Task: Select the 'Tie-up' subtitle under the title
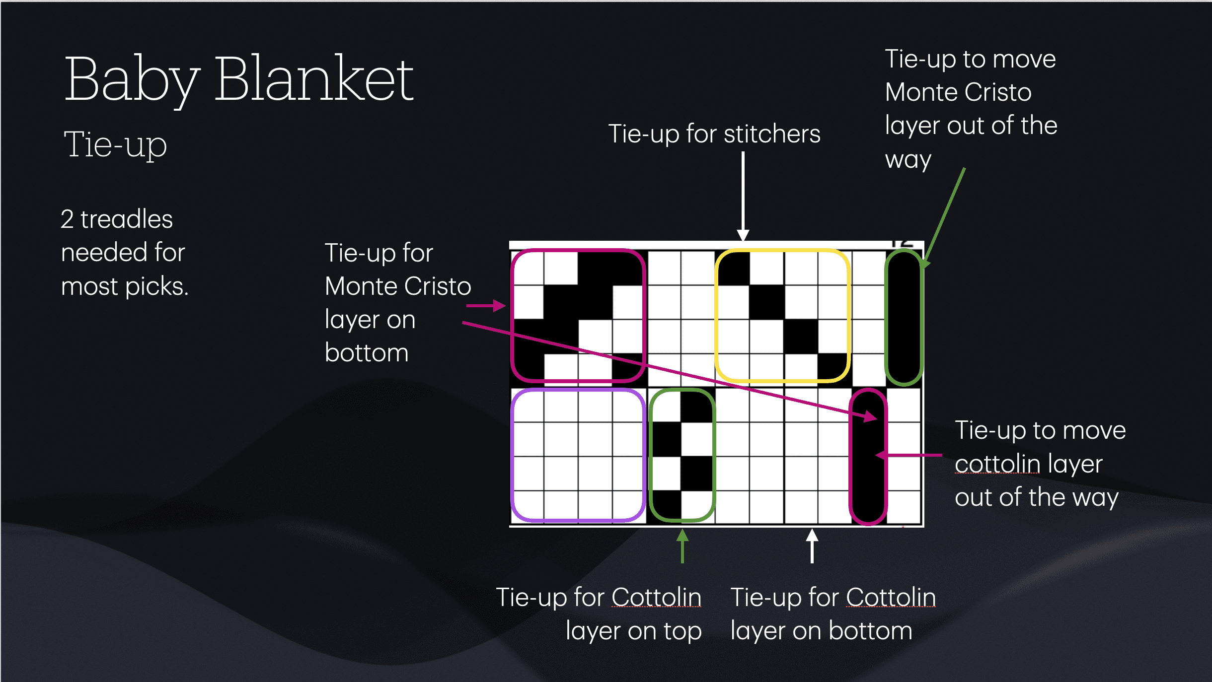(115, 145)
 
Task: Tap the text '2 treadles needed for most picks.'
(124, 253)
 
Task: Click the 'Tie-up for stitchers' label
(714, 134)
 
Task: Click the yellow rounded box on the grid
(782, 316)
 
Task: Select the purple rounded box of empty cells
(578, 455)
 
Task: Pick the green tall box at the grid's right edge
(904, 318)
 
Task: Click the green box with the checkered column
(682, 455)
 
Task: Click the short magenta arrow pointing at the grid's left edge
(485, 306)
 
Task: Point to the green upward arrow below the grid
(682, 546)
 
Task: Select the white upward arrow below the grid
(812, 546)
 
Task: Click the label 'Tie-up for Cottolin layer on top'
(599, 614)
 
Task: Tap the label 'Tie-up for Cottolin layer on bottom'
(833, 614)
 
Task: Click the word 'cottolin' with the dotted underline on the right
(997, 464)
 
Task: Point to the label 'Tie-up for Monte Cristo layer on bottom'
(397, 303)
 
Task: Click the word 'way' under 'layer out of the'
(908, 160)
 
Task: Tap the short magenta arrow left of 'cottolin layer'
(909, 455)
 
